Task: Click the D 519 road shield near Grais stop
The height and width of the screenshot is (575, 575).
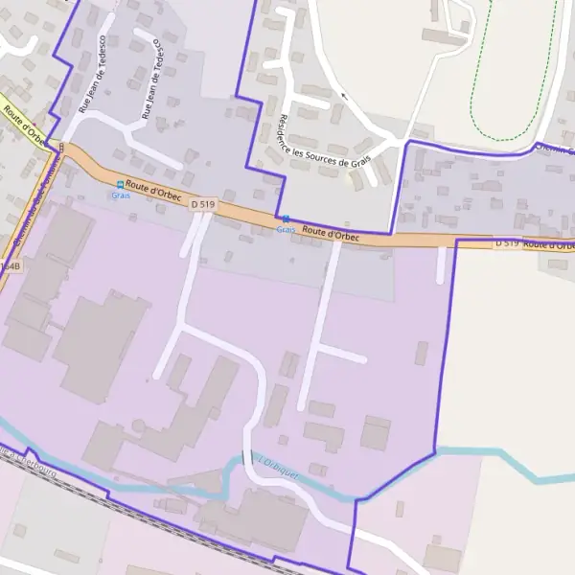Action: [x=201, y=204]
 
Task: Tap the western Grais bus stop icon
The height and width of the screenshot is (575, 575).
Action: [x=120, y=184]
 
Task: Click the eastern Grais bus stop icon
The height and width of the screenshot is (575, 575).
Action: [x=285, y=218]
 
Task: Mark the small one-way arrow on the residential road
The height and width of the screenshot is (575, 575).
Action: [x=344, y=97]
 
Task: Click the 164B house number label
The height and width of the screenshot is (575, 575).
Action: [x=10, y=265]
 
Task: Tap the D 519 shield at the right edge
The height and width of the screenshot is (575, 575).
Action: [x=507, y=243]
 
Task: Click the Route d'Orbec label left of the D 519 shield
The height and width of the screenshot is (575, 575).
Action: [x=153, y=192]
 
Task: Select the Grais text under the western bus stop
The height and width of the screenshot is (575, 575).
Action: [x=120, y=195]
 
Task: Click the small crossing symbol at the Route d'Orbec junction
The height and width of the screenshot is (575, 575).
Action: [x=59, y=146]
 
